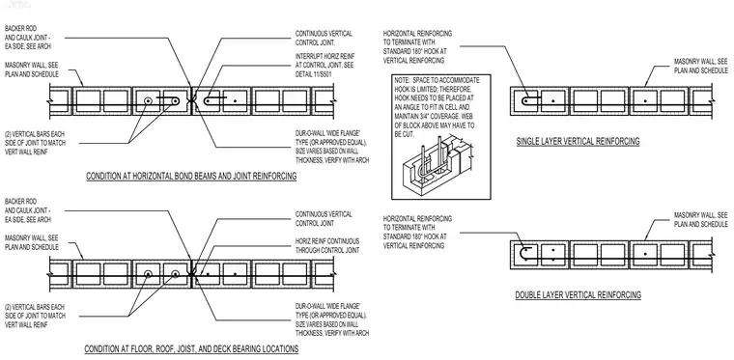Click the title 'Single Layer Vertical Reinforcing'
(x=578, y=141)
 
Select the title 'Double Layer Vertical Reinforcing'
(x=579, y=295)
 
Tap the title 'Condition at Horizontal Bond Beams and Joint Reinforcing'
(x=191, y=177)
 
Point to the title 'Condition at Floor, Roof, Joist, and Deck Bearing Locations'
(x=191, y=349)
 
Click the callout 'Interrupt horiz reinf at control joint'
(x=325, y=66)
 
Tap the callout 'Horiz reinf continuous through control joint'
(x=327, y=246)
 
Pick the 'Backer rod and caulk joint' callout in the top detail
(x=28, y=38)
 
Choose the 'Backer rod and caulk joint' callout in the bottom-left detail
(x=28, y=210)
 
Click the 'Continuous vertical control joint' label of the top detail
(x=324, y=38)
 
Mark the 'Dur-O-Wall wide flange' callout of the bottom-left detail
(x=332, y=319)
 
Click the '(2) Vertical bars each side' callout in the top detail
(x=35, y=143)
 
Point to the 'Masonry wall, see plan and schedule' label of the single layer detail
(x=701, y=66)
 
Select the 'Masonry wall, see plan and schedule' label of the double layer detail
(x=701, y=219)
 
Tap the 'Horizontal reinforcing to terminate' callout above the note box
(x=417, y=46)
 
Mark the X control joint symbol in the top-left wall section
(x=191, y=100)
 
